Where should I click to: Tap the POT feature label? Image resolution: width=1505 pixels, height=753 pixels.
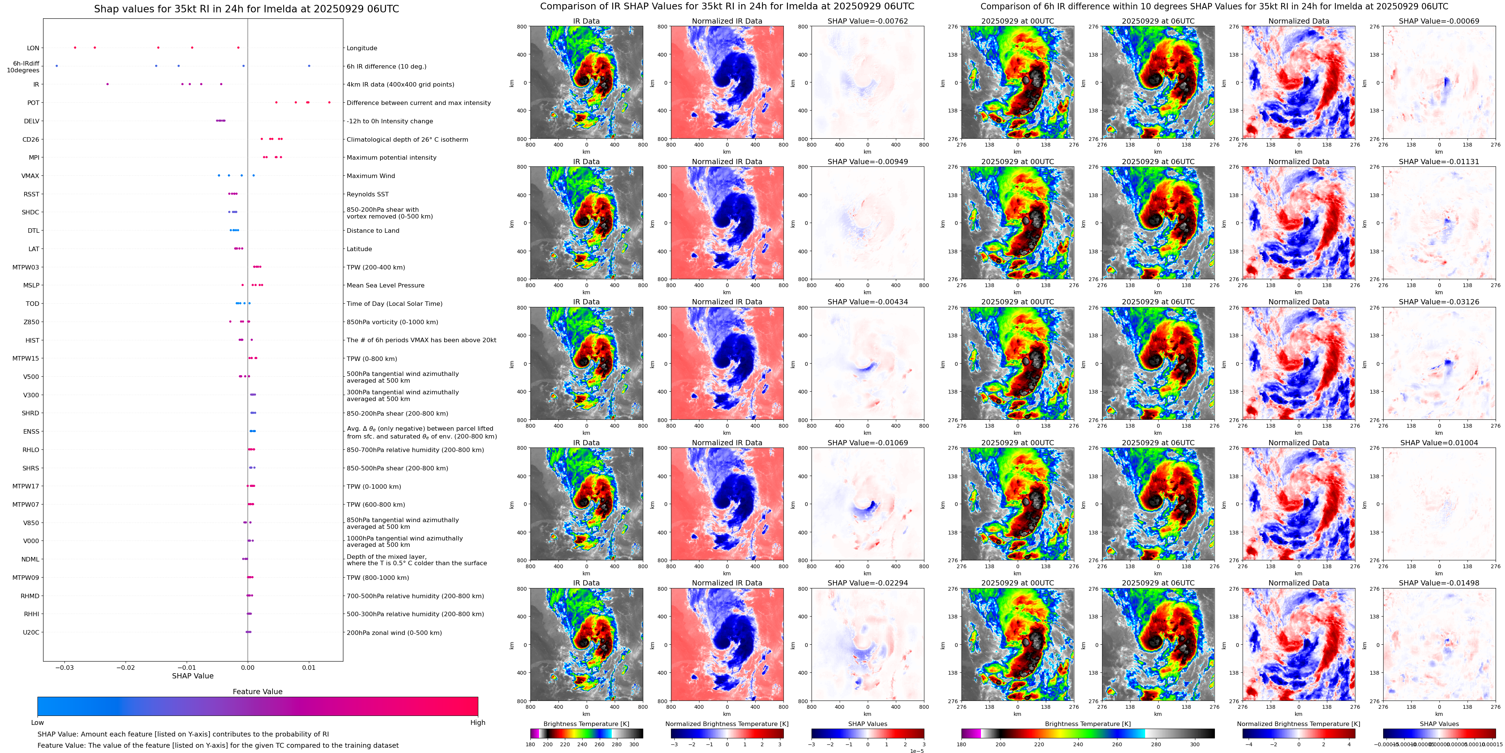33,103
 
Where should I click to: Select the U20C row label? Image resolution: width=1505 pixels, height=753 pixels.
31,632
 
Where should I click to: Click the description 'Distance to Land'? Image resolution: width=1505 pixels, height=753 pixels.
373,231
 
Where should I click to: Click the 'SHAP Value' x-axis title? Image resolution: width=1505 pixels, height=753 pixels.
193,676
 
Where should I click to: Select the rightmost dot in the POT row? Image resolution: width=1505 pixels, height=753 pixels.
329,102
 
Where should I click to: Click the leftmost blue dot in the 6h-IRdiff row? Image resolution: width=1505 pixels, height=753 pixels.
57,66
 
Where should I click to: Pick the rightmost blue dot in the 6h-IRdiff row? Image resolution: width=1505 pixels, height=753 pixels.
309,66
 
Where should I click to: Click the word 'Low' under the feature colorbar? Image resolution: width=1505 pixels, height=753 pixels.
37,723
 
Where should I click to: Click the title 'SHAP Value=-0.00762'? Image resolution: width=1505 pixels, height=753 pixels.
868,21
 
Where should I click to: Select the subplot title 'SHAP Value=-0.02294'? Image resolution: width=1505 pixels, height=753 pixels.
868,583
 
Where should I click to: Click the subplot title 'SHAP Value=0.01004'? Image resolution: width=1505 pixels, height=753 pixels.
1439,443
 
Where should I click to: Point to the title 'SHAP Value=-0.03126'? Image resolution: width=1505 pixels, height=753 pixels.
1439,302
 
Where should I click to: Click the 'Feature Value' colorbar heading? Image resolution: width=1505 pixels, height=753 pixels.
258,692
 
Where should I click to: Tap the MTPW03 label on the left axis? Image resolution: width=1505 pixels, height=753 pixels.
26,267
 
